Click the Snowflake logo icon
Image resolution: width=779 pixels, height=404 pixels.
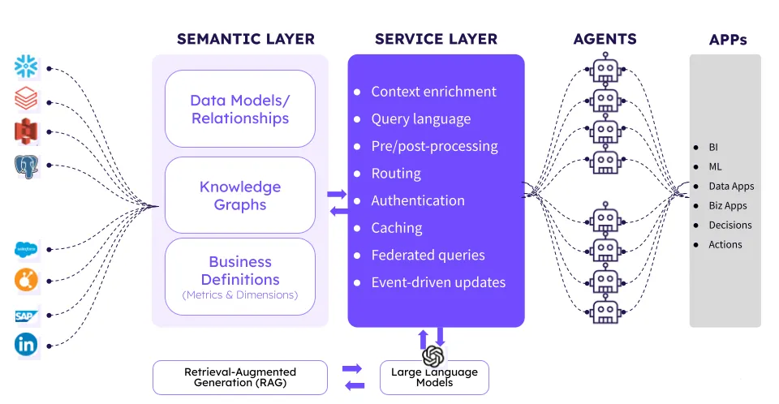tap(27, 68)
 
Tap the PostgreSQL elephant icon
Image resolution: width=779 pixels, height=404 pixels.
tap(27, 167)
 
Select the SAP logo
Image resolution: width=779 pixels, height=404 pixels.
tap(26, 316)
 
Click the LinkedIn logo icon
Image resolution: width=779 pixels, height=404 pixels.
tap(26, 345)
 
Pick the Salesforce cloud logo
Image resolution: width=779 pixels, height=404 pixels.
tap(26, 251)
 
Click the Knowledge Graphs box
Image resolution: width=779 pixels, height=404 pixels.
tap(240, 196)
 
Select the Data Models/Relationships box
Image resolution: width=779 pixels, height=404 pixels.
tap(240, 110)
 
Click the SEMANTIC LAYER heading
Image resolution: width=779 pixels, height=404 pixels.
tap(245, 39)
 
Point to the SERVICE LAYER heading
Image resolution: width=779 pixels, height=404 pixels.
tap(436, 39)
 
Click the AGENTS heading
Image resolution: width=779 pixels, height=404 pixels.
tap(605, 39)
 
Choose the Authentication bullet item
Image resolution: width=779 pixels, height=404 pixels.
tap(418, 200)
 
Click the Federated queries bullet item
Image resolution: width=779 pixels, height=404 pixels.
tap(428, 255)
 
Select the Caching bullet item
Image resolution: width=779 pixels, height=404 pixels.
tap(397, 228)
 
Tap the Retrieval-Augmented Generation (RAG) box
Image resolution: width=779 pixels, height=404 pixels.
tap(240, 377)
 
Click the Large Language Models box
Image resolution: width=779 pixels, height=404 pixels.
tap(434, 378)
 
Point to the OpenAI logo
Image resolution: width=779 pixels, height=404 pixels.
tap(433, 356)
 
